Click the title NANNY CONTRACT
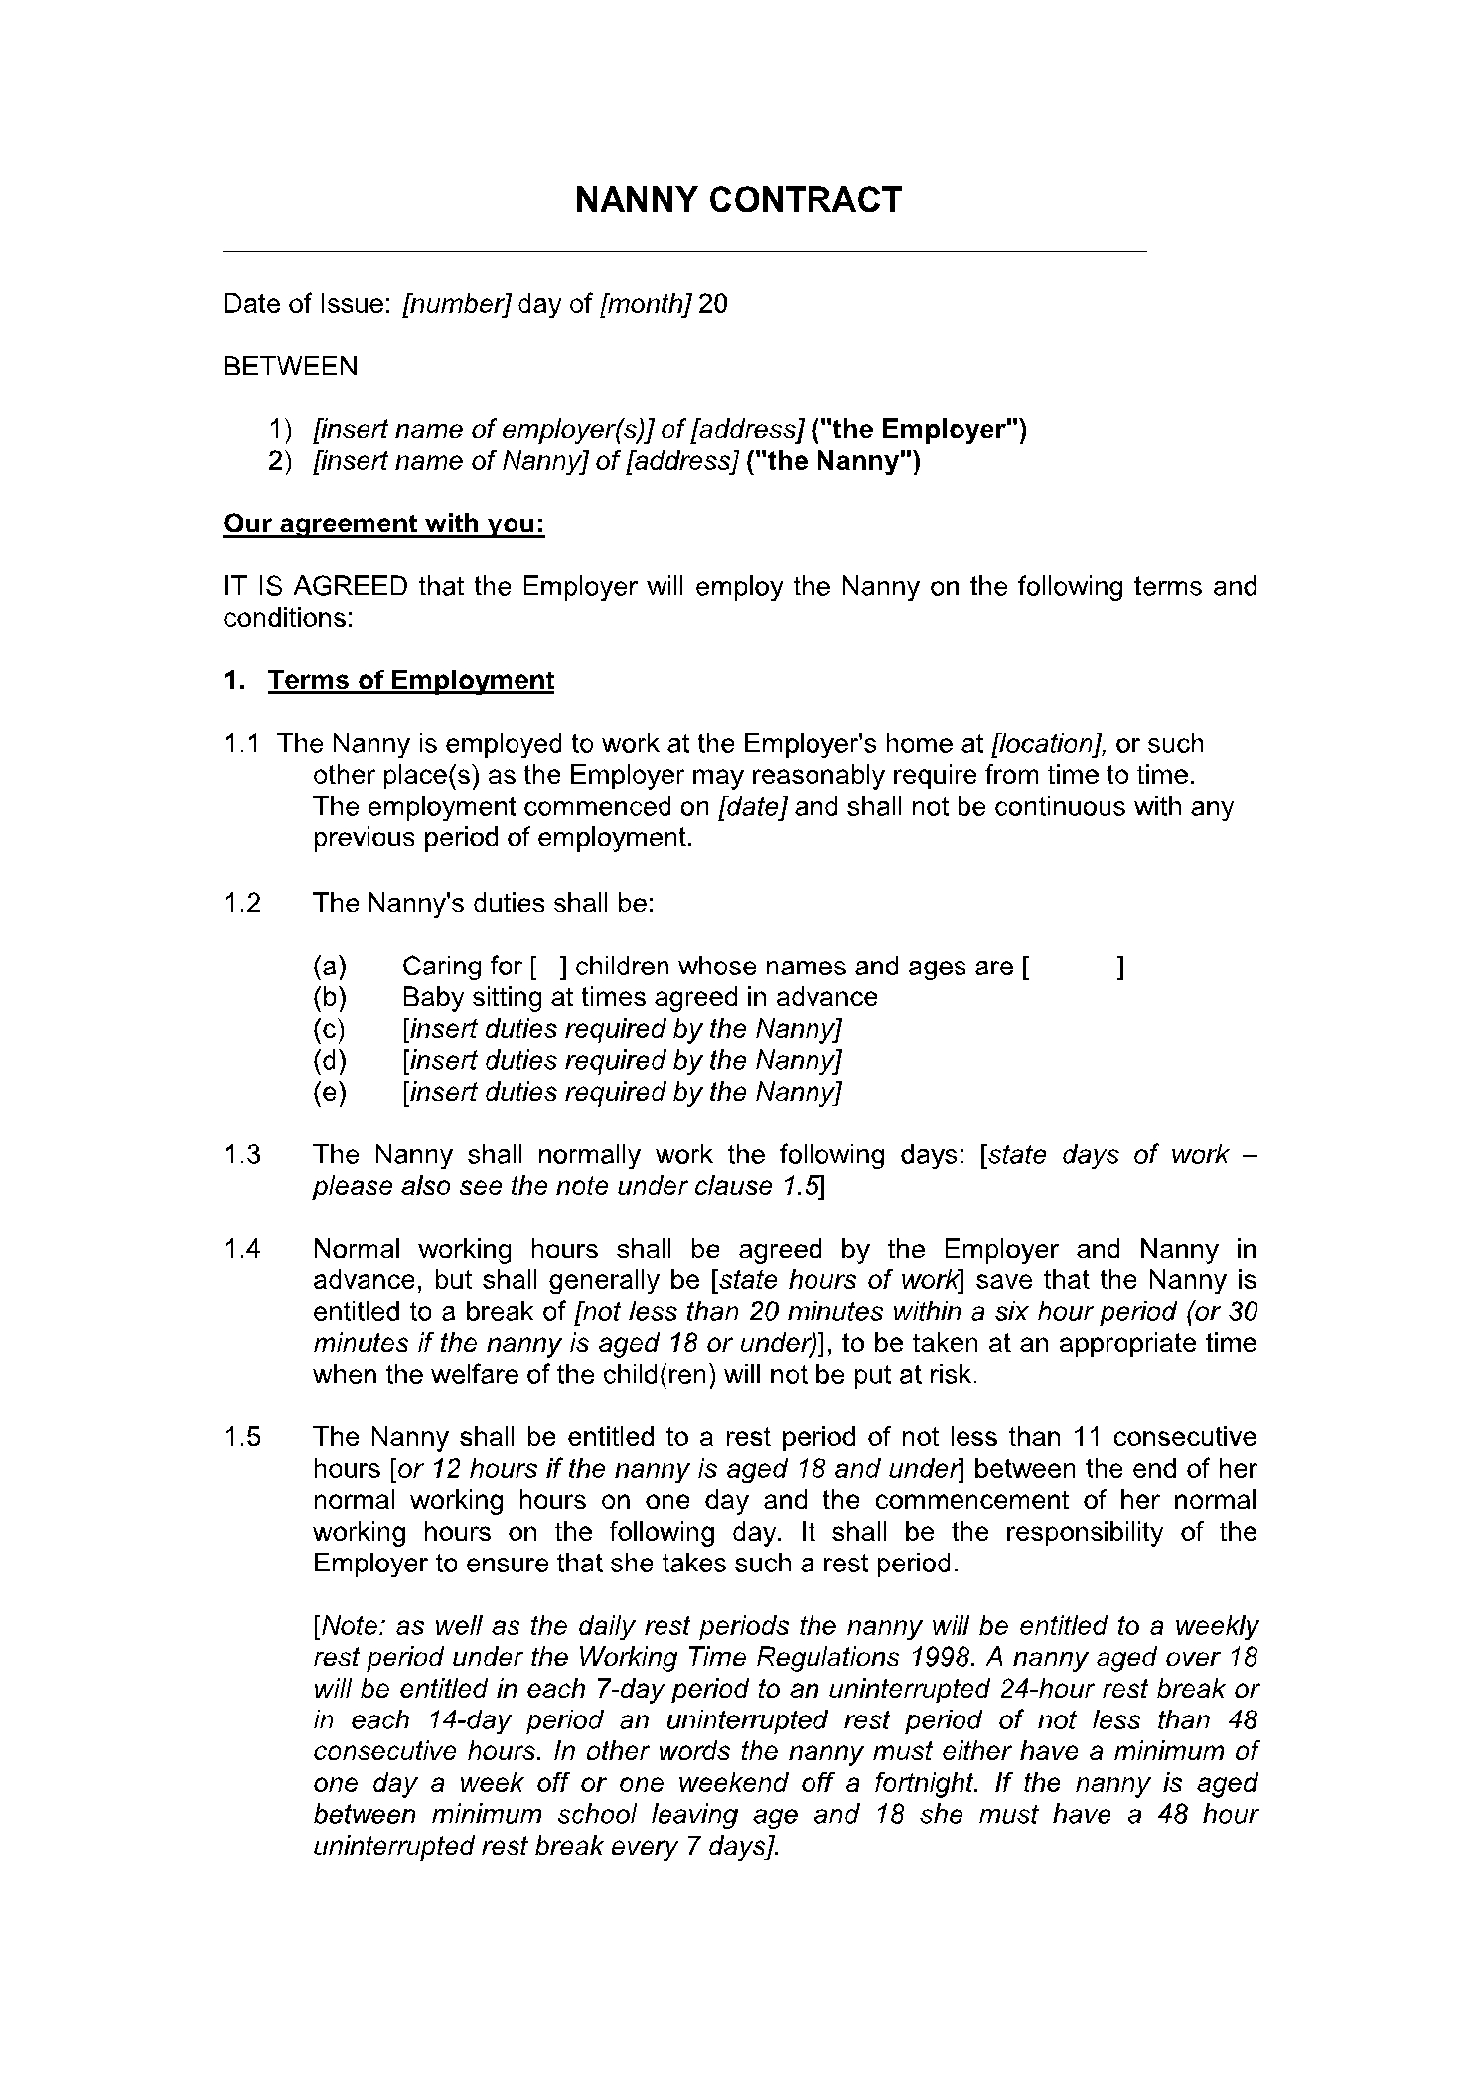738,200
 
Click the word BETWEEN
290,367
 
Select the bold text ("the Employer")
919,430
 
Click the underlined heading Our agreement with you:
384,524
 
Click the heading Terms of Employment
410,681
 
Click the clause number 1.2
242,903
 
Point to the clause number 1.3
242,1155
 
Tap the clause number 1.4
242,1249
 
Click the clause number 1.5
242,1437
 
